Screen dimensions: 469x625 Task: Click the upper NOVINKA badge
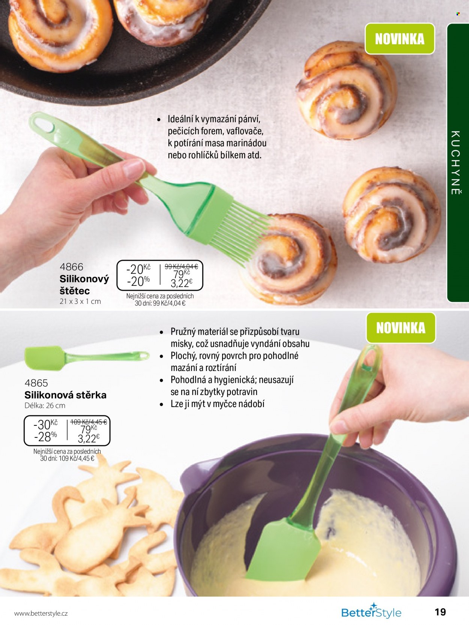400,39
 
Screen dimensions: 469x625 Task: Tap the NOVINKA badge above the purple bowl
401,328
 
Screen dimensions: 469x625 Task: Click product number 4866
71,267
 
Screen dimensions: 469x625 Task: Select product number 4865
36,383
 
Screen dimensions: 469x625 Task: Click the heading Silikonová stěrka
66,395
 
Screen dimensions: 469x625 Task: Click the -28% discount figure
45,437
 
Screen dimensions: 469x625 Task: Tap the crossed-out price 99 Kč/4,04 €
181,267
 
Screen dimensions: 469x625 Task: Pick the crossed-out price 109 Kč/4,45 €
89,422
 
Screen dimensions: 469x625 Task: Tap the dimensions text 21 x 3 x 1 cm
80,301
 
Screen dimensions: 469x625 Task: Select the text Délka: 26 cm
45,406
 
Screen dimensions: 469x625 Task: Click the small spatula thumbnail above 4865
87,358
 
